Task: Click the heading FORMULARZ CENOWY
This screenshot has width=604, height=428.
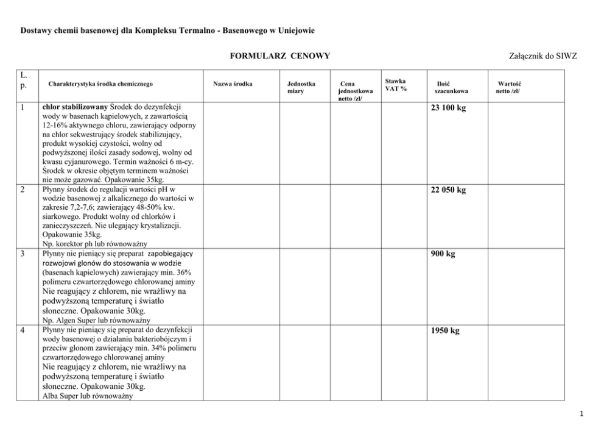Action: pyautogui.click(x=279, y=56)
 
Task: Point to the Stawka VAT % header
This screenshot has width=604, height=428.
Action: pyautogui.click(x=396, y=85)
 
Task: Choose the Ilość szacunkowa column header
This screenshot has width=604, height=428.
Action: pyautogui.click(x=451, y=87)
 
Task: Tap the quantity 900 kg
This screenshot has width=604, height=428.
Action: pyautogui.click(x=443, y=254)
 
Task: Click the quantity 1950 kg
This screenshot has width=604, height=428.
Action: pyautogui.click(x=445, y=331)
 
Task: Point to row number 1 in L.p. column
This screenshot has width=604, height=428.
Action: pyautogui.click(x=22, y=107)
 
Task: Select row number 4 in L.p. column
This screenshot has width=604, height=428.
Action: pyautogui.click(x=22, y=330)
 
